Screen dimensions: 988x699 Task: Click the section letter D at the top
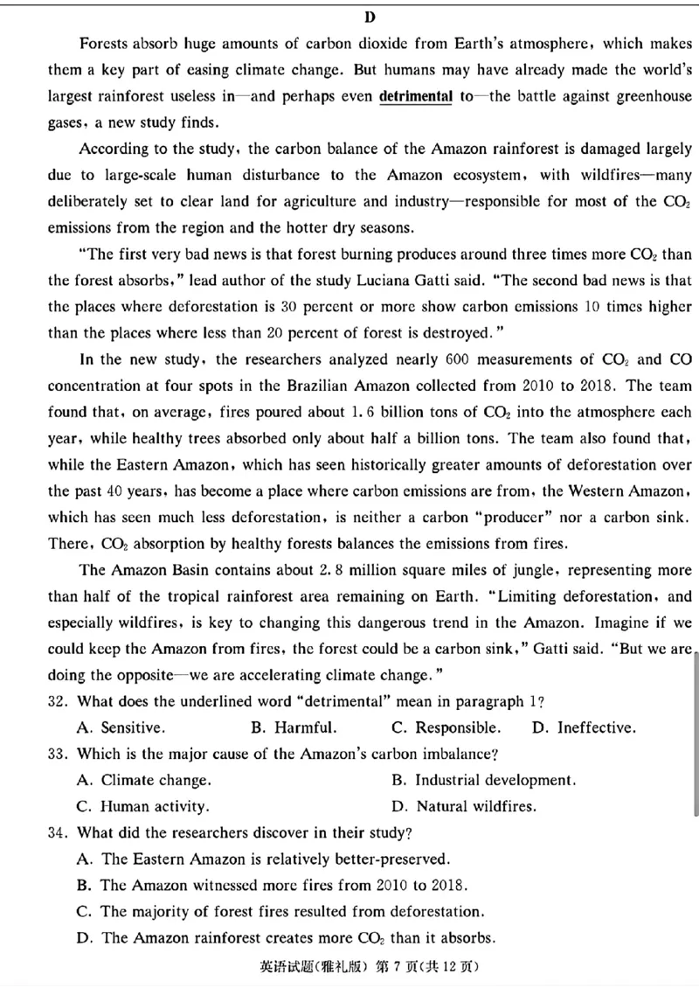point(370,17)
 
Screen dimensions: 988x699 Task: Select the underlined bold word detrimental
point(415,96)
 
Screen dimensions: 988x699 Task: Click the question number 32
point(58,701)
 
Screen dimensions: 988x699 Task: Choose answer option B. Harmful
point(294,727)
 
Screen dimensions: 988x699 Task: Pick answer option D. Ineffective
point(584,727)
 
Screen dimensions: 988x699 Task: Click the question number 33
point(58,754)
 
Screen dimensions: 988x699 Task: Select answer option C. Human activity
point(143,806)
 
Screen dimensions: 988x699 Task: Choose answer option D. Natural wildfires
point(464,806)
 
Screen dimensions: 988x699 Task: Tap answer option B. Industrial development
point(484,780)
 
